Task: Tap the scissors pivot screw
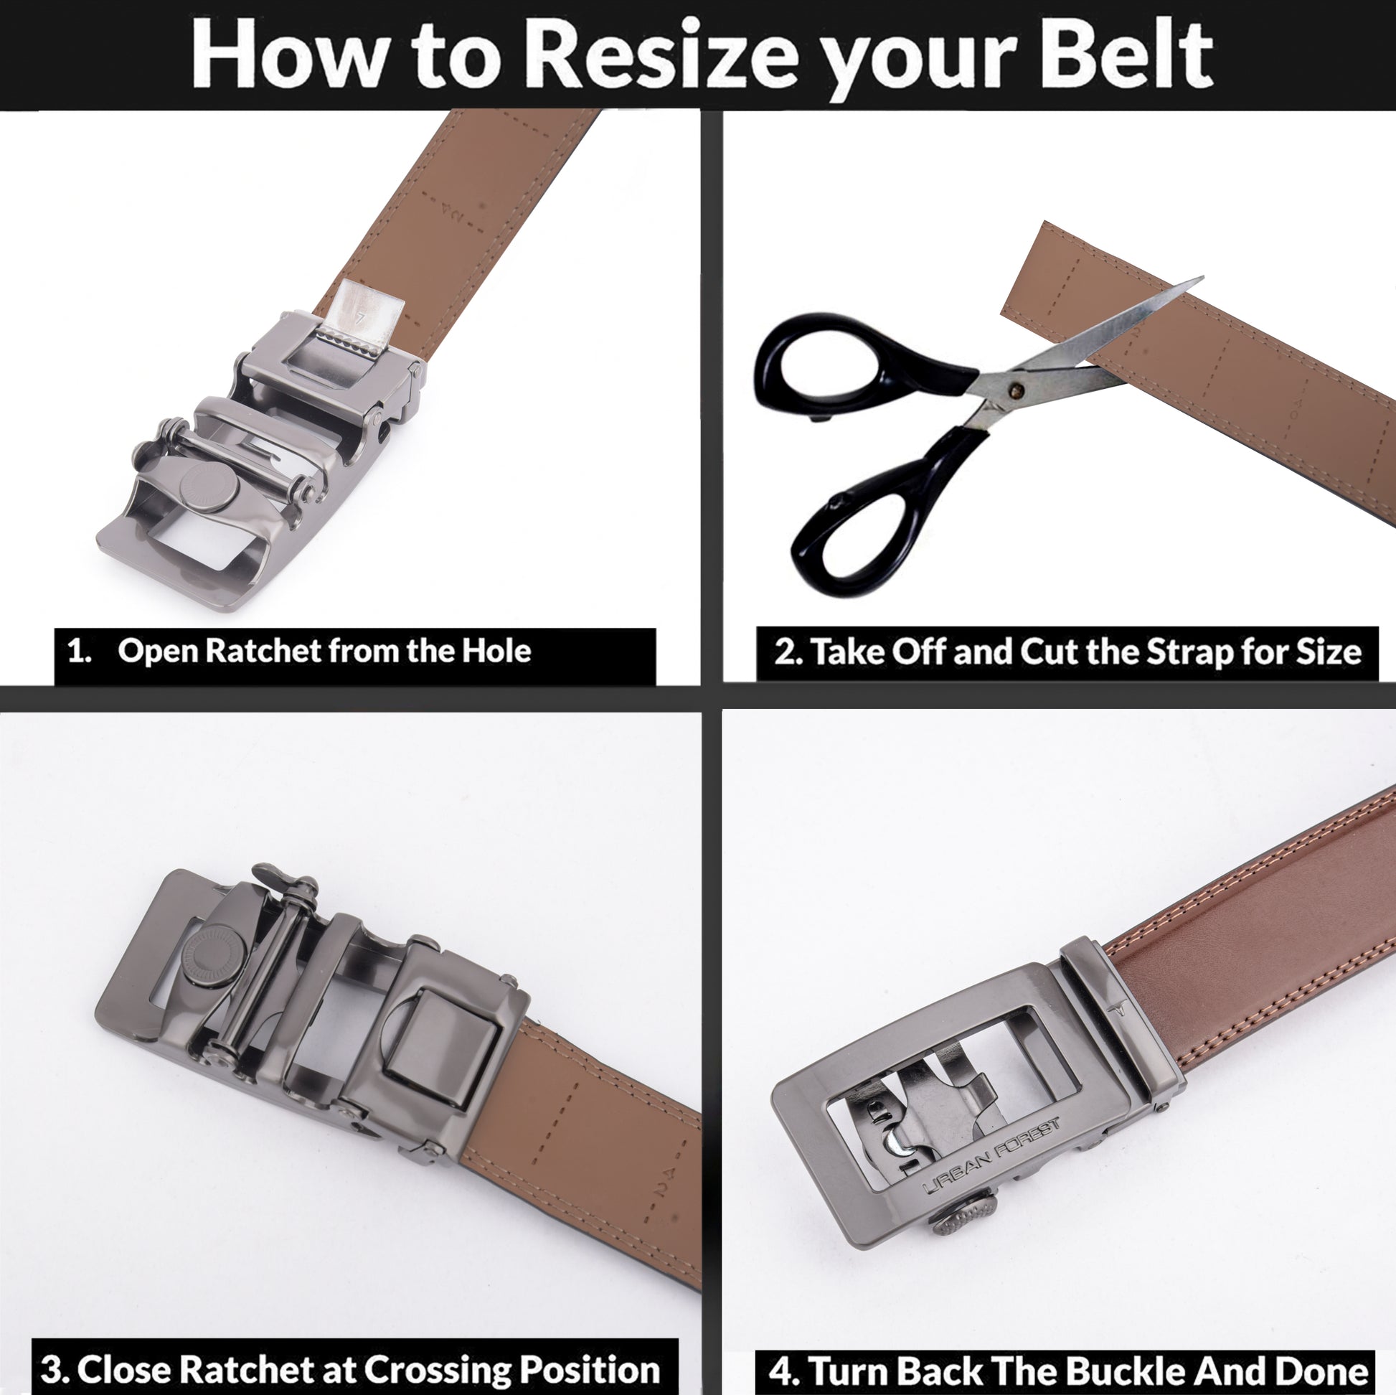[x=1017, y=391]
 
